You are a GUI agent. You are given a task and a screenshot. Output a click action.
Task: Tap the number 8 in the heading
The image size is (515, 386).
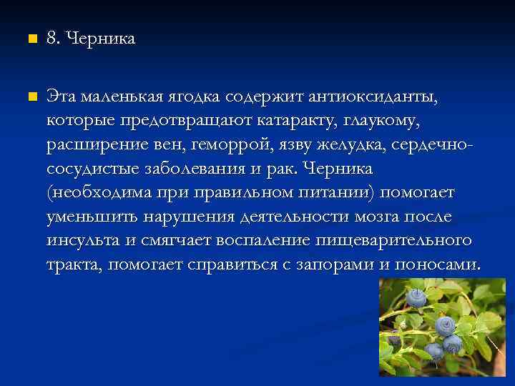52,39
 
